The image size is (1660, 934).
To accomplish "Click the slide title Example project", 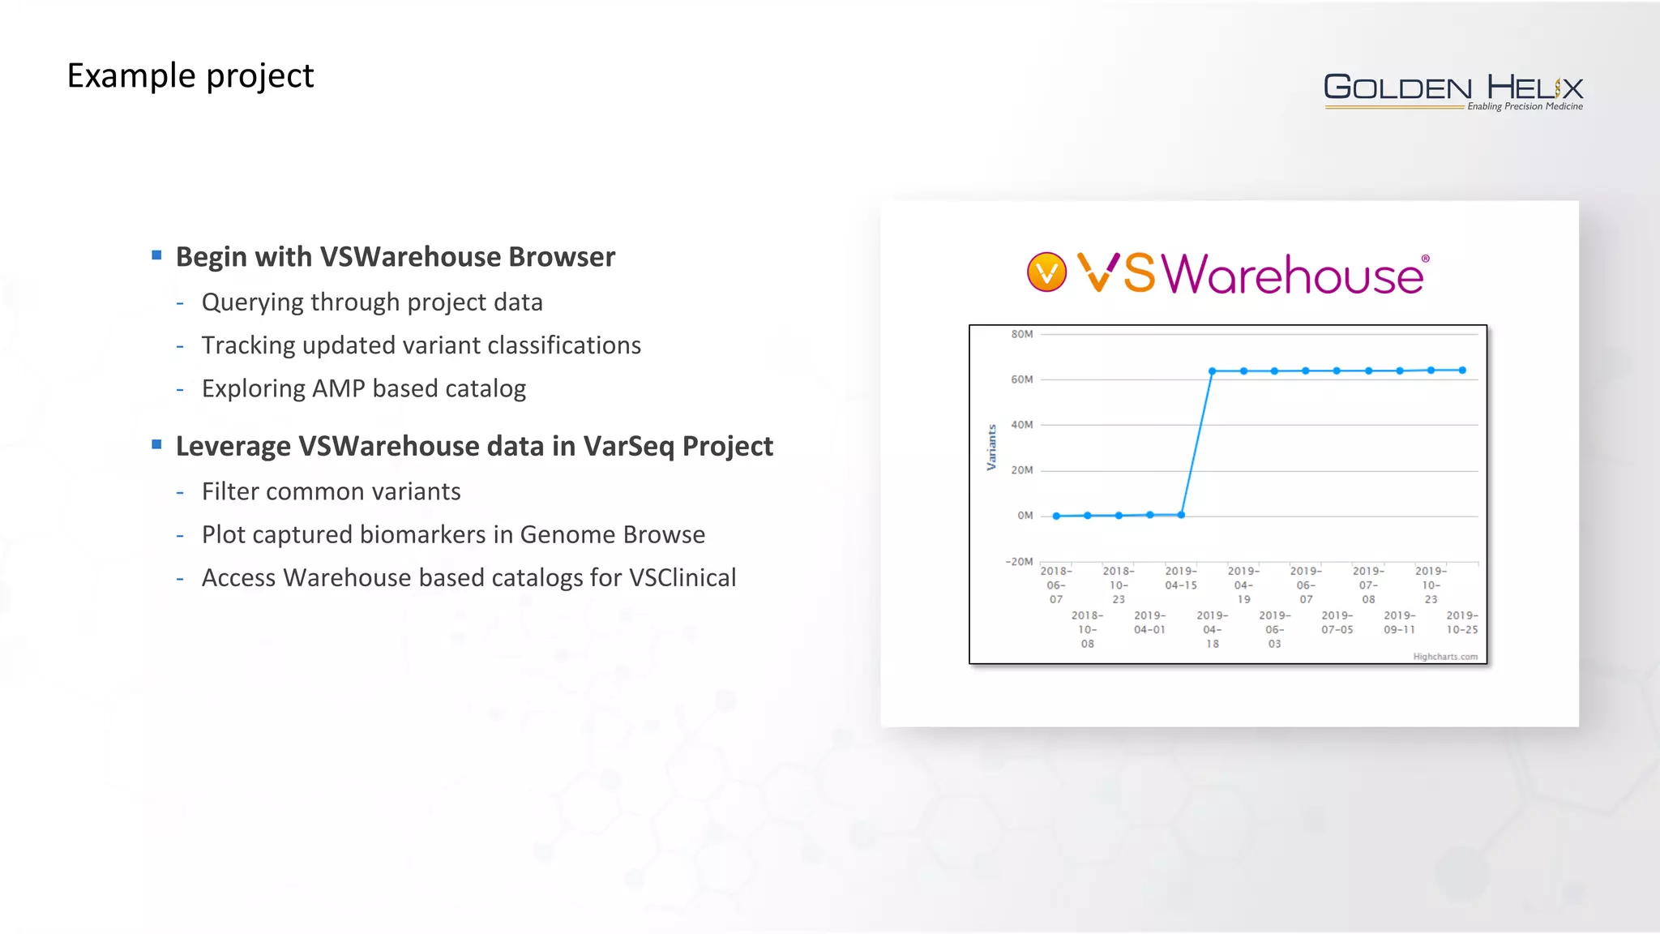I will point(190,76).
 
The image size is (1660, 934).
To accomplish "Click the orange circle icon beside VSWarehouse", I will point(1046,272).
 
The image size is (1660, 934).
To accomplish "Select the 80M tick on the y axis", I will point(1021,334).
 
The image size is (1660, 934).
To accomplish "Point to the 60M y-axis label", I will point(1021,379).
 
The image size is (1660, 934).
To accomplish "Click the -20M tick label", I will point(1019,562).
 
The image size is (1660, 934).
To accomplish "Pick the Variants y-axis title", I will point(991,448).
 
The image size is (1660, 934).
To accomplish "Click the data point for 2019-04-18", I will point(1212,371).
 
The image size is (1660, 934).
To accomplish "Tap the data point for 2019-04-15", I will point(1181,515).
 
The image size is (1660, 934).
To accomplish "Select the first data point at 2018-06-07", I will point(1056,516).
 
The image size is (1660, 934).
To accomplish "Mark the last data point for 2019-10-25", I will point(1462,371).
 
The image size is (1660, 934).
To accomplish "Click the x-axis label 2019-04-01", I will point(1149,623).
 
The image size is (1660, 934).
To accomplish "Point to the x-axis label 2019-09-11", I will point(1399,623).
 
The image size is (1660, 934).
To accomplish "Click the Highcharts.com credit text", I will point(1444,657).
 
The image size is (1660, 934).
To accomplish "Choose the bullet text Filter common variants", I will point(331,491).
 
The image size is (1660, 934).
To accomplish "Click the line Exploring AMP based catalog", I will point(363,389).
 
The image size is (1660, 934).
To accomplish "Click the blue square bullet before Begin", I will point(156,255).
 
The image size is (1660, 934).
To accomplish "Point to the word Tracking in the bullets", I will point(248,345).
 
